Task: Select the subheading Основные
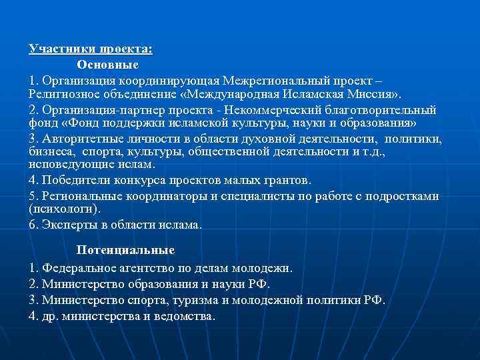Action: [107, 65]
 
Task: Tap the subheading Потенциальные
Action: [125, 250]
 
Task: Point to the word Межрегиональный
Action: [280, 80]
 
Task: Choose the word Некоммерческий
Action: [286, 110]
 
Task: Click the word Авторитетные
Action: [79, 139]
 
